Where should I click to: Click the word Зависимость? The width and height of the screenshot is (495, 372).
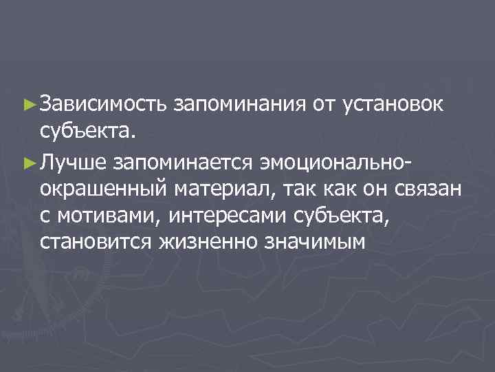coord(104,105)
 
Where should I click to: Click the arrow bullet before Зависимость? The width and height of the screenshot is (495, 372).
coord(28,105)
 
